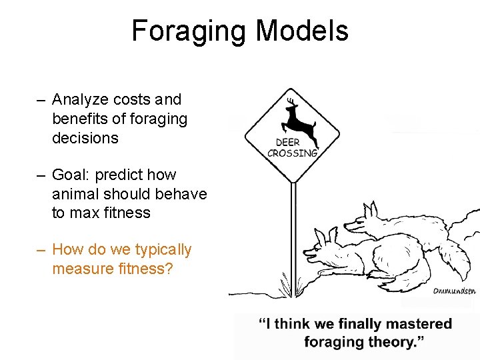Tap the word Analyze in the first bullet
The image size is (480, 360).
click(x=79, y=100)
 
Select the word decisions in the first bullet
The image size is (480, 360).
click(x=85, y=138)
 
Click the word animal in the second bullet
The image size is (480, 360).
click(x=74, y=194)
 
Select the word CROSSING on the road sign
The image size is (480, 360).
click(x=292, y=153)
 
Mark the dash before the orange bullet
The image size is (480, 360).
click(x=41, y=251)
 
